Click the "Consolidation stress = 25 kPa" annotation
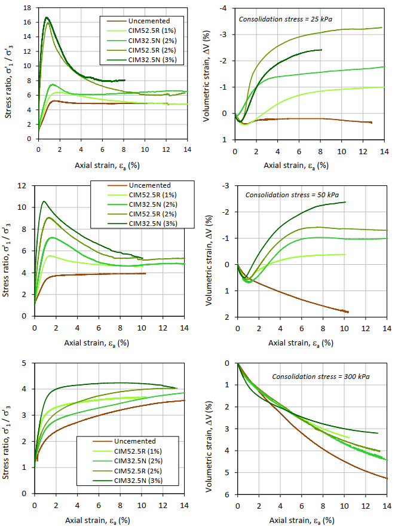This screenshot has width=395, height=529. pyautogui.click(x=285, y=19)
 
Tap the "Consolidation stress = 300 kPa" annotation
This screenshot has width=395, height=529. pyautogui.click(x=321, y=377)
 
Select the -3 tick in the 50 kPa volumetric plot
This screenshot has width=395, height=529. pyautogui.click(x=226, y=186)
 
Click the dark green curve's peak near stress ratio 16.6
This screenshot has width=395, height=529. pyautogui.click(x=46, y=17)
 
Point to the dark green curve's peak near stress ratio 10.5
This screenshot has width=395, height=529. pyautogui.click(x=44, y=201)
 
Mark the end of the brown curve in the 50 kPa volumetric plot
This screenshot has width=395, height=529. pyautogui.click(x=348, y=312)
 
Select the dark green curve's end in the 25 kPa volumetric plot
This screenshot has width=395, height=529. pyautogui.click(x=321, y=50)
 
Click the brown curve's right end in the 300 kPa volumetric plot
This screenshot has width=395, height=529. pyautogui.click(x=387, y=479)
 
